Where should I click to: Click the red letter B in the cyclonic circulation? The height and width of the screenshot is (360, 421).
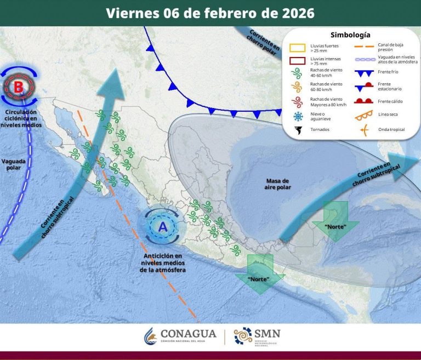[x=19, y=86]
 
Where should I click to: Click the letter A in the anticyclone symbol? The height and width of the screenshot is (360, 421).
[x=162, y=226]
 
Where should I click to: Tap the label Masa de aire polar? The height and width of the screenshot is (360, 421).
[x=278, y=184]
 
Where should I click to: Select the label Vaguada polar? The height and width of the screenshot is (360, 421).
[x=13, y=164]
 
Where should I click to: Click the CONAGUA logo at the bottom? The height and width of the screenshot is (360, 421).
[x=180, y=336]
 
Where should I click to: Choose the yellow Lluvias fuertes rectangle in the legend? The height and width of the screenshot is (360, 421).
[x=297, y=49]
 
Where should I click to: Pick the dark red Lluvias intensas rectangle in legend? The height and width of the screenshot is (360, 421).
[x=297, y=61]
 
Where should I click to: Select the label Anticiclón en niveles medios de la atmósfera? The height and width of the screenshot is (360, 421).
[x=163, y=263]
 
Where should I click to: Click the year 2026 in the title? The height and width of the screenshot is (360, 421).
[x=295, y=13]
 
